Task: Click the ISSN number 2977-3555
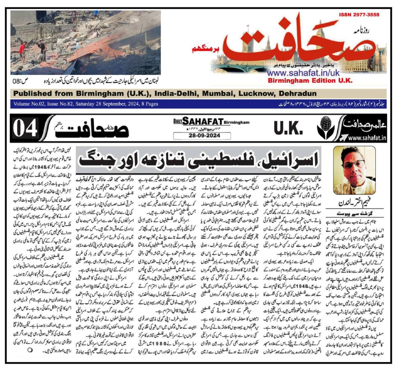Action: (x=359, y=15)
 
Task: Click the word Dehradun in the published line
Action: (x=298, y=93)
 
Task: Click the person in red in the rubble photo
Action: (x=22, y=48)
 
